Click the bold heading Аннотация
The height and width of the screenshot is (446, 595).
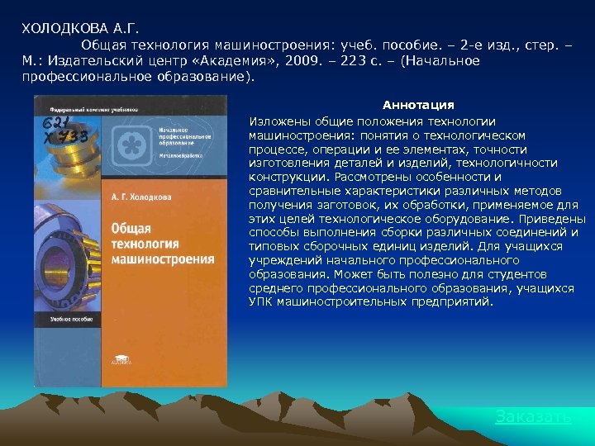(418, 105)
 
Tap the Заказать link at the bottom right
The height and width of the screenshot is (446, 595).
(533, 417)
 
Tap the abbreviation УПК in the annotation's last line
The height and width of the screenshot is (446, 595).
(262, 301)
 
